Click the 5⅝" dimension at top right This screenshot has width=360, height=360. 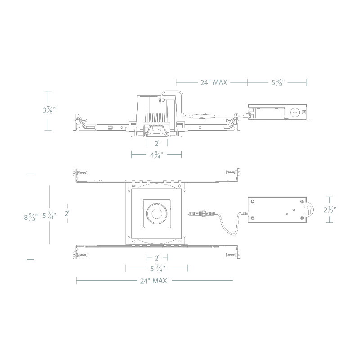pos(278,82)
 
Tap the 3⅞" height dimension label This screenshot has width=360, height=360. pos(49,110)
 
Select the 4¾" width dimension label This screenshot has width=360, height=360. pos(157,155)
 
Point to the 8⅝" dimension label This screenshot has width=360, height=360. pos(31,217)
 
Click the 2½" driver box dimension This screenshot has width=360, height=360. pos(330,210)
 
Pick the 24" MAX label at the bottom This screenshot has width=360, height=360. pos(153,280)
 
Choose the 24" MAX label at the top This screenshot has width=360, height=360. pos(214,82)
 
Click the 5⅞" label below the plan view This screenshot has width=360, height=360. pos(157,268)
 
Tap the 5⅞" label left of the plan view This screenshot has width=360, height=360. pos(49,216)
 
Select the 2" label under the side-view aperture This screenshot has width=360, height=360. pos(157,144)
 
